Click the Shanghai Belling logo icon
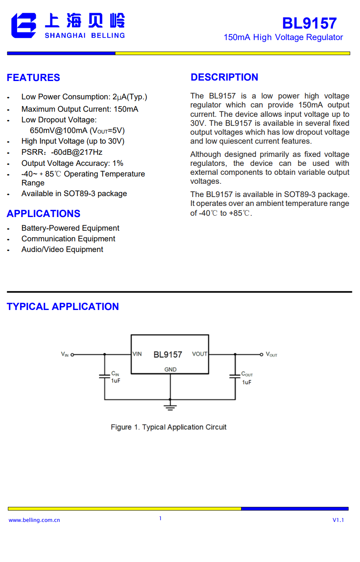click(x=24, y=26)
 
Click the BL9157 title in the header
click(x=309, y=23)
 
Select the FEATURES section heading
click(x=33, y=78)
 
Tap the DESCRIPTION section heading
click(x=224, y=77)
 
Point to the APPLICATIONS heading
click(x=43, y=214)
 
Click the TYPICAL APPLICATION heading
click(x=63, y=307)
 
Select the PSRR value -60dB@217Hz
click(x=77, y=152)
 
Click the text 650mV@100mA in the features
click(x=58, y=130)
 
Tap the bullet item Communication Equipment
click(x=68, y=239)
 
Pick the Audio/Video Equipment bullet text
click(x=62, y=249)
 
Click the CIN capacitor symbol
click(x=104, y=377)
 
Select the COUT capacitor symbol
click(x=235, y=377)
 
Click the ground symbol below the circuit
click(x=170, y=406)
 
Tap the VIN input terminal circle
click(x=72, y=354)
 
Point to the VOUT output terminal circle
click(x=262, y=354)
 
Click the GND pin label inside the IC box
click(x=170, y=369)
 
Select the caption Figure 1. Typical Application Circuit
click(x=168, y=427)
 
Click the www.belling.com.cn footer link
click(x=34, y=520)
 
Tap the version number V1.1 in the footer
click(x=338, y=520)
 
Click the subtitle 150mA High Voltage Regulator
click(x=283, y=38)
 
